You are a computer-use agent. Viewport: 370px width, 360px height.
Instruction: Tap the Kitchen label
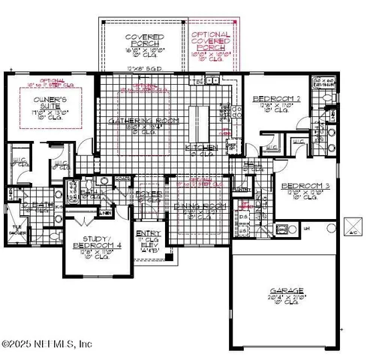pos(202,147)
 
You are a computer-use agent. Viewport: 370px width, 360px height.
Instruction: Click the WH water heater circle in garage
pos(331,227)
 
